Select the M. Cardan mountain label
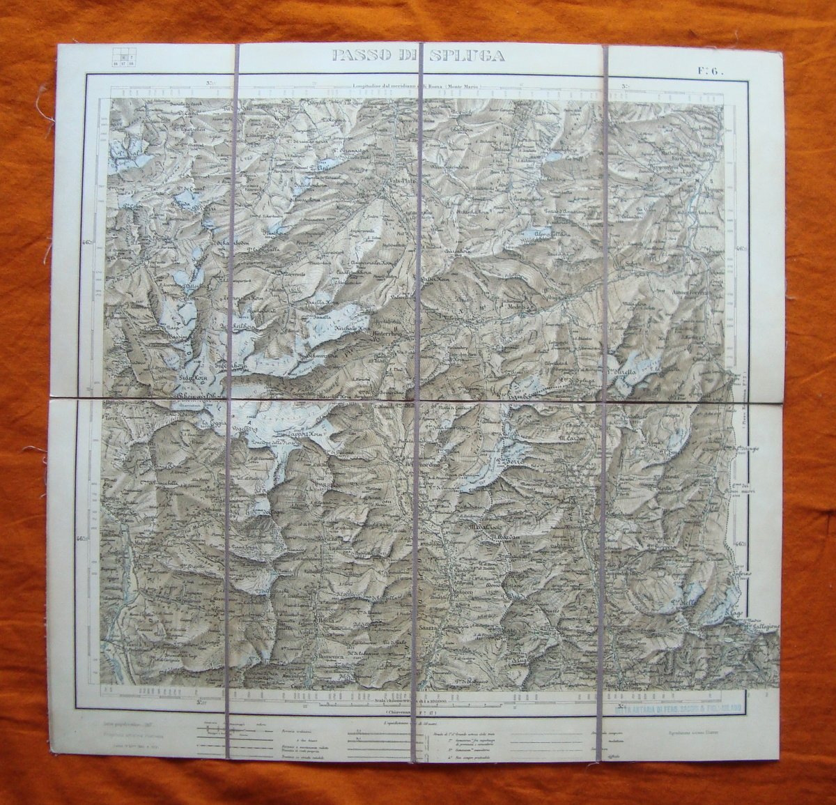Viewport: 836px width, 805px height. [x=575, y=438]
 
